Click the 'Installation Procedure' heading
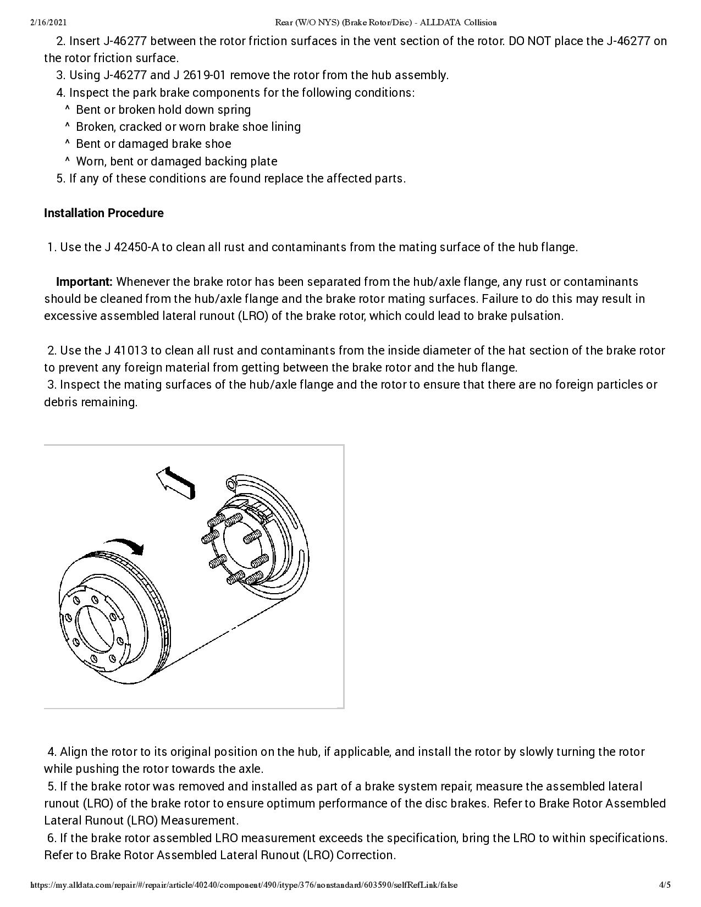click(103, 213)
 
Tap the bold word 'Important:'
click(84, 282)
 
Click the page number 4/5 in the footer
click(665, 885)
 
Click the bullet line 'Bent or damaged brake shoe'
click(153, 144)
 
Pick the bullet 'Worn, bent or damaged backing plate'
click(176, 162)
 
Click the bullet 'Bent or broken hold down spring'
click(163, 110)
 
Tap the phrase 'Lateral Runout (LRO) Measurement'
click(141, 821)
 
